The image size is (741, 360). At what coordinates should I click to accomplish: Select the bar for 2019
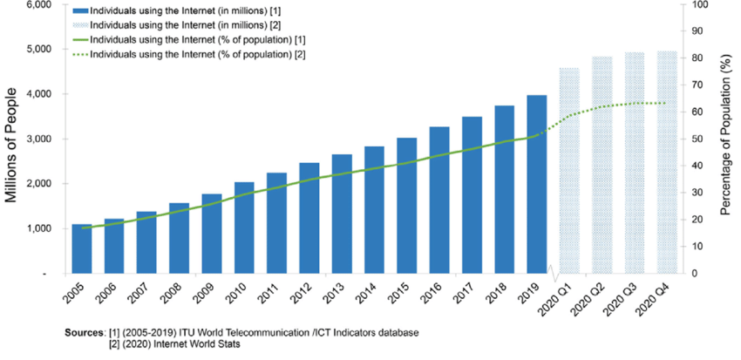coord(537,184)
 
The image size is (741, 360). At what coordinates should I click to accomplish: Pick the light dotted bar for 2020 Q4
coord(667,162)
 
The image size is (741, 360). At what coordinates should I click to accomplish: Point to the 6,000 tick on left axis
coord(37,5)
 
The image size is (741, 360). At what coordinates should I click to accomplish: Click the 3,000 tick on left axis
coord(37,139)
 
